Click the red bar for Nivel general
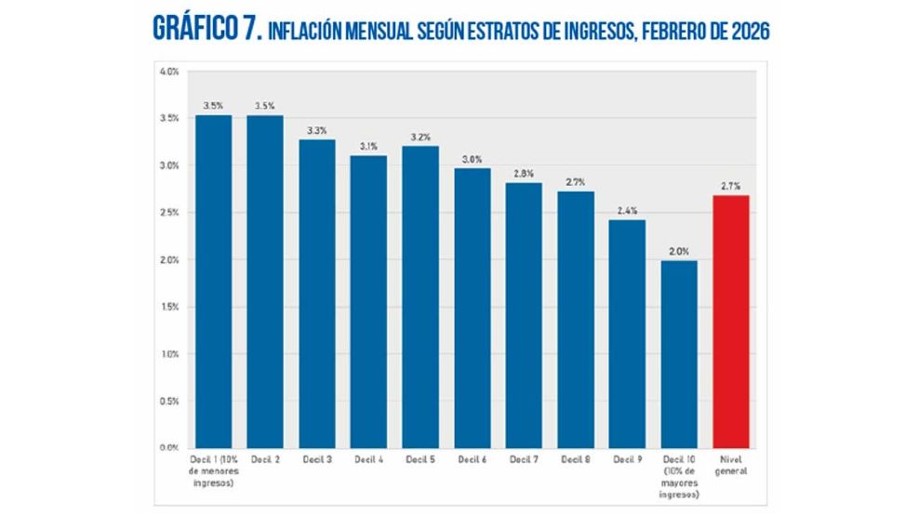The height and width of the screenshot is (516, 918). coord(730,321)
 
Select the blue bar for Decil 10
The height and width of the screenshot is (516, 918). coord(679,354)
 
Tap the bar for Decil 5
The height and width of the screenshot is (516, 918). coord(420,297)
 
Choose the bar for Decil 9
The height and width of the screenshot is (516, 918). coord(627,334)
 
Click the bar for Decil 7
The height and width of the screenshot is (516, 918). coord(524,315)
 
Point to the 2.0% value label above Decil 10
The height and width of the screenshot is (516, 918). coord(679,250)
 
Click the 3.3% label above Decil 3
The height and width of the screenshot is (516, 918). coord(317,129)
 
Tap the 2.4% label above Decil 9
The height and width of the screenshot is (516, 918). coord(627,210)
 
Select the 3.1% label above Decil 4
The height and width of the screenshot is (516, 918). coord(368,145)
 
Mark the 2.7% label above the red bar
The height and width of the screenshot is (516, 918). coord(730,185)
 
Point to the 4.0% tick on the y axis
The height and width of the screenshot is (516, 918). coord(169,72)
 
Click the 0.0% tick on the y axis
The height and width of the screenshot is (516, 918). coord(169,448)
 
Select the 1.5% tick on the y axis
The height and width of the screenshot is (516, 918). coord(169,307)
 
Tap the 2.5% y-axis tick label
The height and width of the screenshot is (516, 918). coord(169,213)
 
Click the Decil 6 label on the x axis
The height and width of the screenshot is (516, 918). coord(472,460)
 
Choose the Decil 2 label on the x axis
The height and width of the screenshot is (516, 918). coord(265,460)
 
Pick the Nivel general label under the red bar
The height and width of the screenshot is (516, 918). coord(730,466)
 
